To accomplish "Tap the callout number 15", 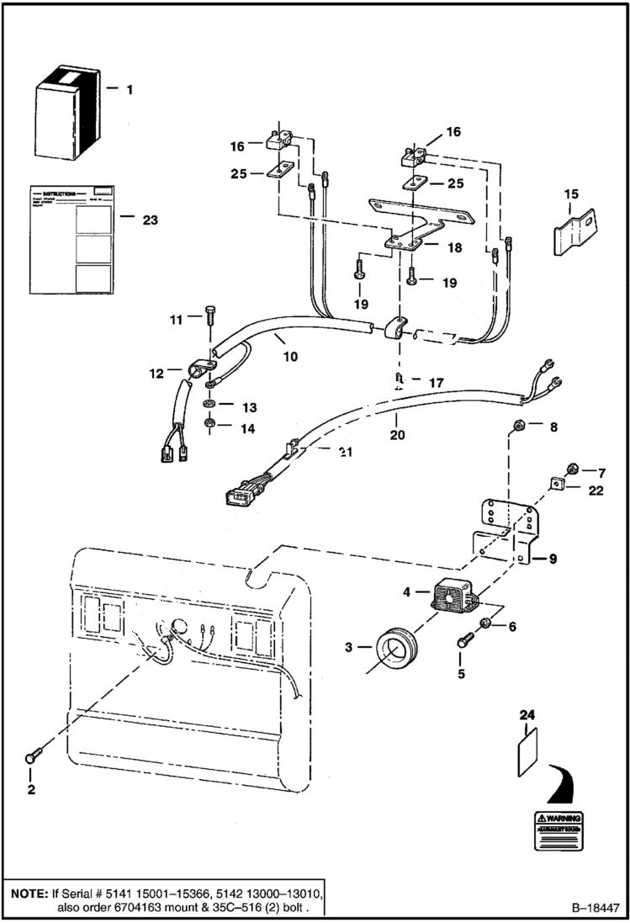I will click(x=571, y=194).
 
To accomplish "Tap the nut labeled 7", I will click(x=571, y=469).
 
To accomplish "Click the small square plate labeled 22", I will click(x=557, y=484).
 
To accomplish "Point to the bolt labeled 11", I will click(x=209, y=318).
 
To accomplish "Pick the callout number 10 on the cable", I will click(x=290, y=356).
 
